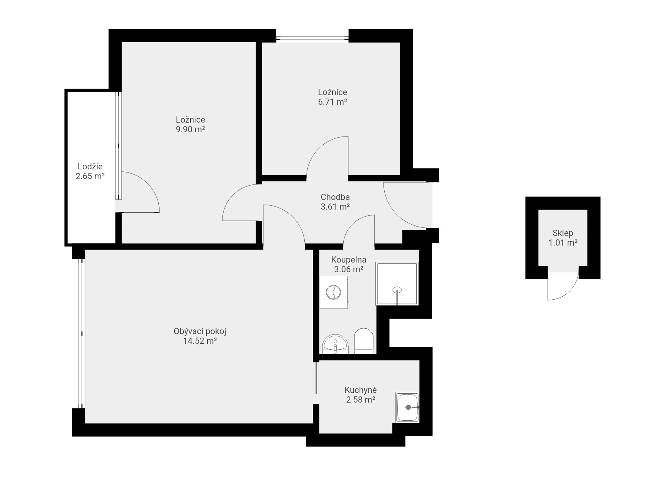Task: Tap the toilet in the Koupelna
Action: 363,341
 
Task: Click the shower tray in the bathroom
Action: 397,284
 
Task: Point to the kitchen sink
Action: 407,407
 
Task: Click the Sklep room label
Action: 563,233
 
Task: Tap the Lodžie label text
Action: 90,167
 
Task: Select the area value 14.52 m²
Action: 200,341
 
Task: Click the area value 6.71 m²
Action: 333,102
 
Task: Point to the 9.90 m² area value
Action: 190,129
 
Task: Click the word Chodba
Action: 335,197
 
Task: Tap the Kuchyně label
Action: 361,390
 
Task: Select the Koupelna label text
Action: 349,260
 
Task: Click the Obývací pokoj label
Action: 200,331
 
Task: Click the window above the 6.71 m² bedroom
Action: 312,38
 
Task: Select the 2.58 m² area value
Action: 361,400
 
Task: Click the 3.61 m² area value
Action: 335,207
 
